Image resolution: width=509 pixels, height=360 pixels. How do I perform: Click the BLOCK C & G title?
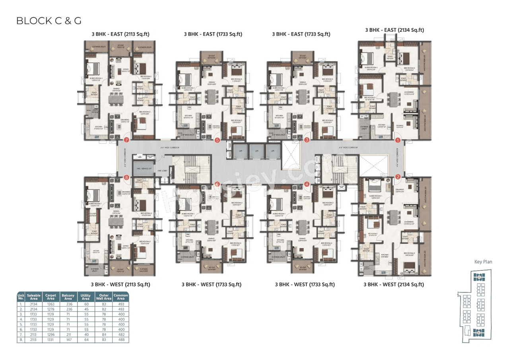pyautogui.click(x=49, y=21)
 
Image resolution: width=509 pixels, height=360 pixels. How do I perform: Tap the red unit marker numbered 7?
pyautogui.click(x=127, y=140)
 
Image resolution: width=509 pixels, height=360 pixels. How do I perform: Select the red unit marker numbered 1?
pyautogui.click(x=397, y=140)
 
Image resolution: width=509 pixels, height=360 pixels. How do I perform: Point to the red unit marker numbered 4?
pyautogui.click(x=307, y=184)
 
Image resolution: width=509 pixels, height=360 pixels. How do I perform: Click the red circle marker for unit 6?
pyautogui.click(x=217, y=184)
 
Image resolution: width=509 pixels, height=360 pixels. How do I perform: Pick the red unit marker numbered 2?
pyautogui.click(x=398, y=177)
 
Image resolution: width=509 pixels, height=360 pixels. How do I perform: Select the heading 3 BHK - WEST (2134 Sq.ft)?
pyautogui.click(x=394, y=284)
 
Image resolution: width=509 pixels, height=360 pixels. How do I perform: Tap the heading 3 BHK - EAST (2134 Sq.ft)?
pyautogui.click(x=394, y=30)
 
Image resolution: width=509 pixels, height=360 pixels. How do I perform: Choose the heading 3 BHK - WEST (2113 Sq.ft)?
pyautogui.click(x=120, y=284)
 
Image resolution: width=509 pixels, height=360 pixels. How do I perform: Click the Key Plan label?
pyautogui.click(x=483, y=262)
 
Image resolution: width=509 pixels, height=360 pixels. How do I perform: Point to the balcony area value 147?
pyautogui.click(x=68, y=340)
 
